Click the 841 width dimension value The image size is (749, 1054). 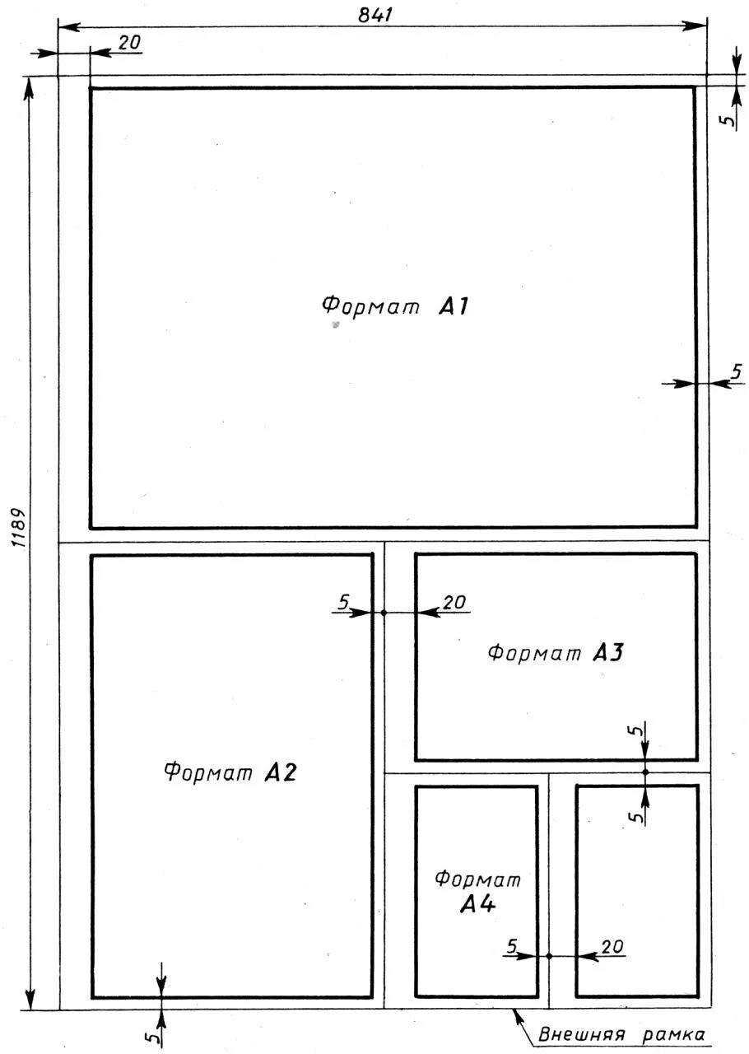[x=375, y=15]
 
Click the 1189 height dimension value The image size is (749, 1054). [x=20, y=528]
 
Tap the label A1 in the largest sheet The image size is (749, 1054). [x=454, y=306]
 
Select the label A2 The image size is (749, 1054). [x=281, y=772]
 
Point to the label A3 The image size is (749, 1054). [x=608, y=653]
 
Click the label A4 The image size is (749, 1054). [x=477, y=914]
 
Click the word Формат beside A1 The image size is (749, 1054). [x=370, y=305]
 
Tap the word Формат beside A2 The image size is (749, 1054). [x=208, y=772]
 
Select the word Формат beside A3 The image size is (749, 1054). [x=534, y=653]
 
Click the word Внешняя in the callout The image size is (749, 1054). [x=582, y=1034]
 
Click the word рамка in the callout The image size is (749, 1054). [x=674, y=1035]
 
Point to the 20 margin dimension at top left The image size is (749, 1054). [x=129, y=43]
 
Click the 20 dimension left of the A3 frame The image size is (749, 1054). [x=454, y=602]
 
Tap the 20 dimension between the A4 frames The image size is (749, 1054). [x=612, y=947]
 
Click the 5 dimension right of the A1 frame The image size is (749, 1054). [x=737, y=371]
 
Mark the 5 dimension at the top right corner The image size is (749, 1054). [x=728, y=119]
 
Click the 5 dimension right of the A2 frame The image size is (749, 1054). [x=344, y=602]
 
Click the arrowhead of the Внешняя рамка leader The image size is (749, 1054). [x=519, y=1013]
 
